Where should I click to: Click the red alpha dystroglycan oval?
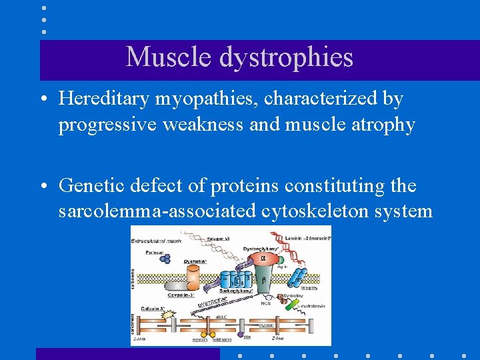coord(262,258)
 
